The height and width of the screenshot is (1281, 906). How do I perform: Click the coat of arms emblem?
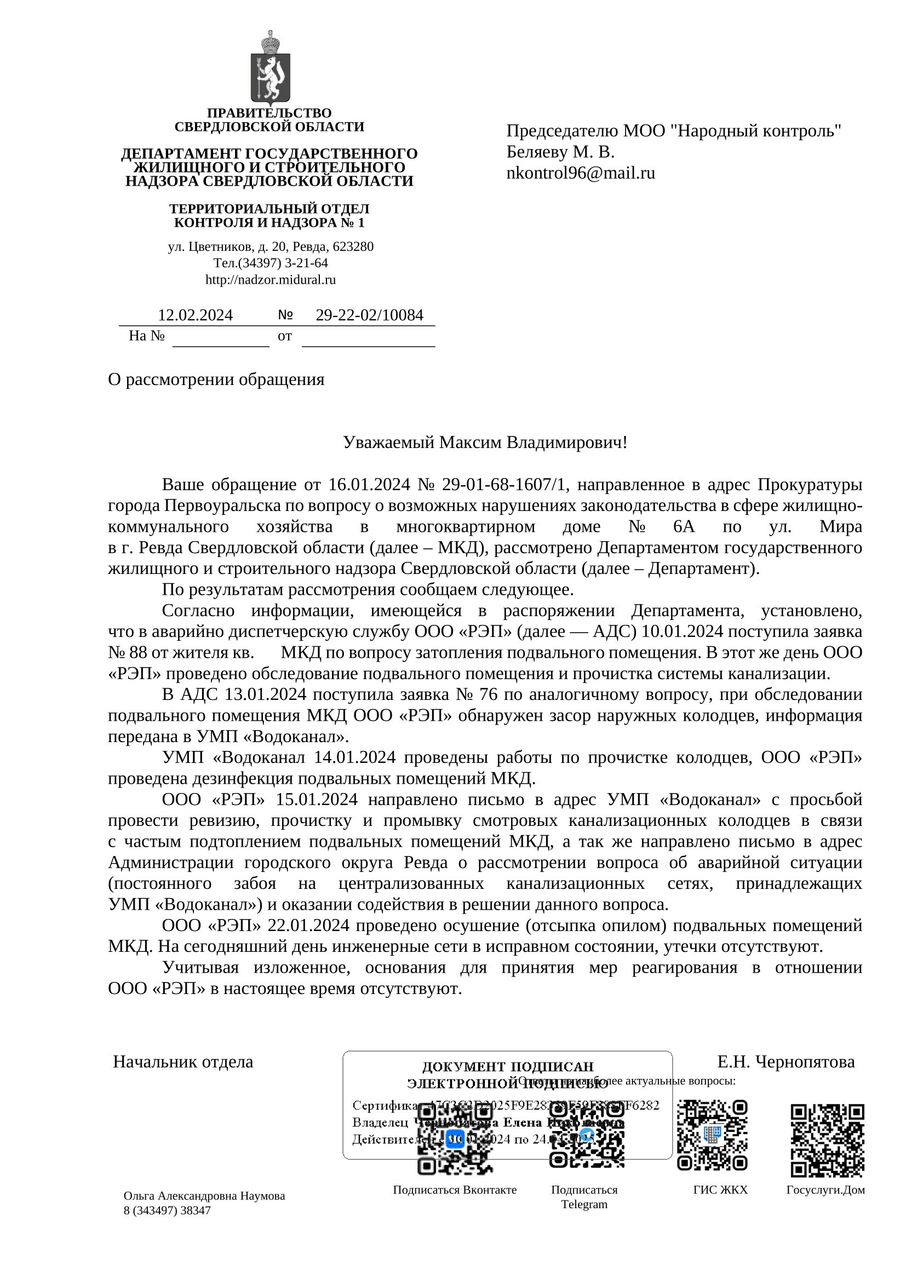click(x=270, y=68)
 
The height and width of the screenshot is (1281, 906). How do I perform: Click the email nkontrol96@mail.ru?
click(x=580, y=173)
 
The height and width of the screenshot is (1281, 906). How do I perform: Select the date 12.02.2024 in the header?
click(x=194, y=315)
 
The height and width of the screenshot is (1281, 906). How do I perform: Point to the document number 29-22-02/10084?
click(x=369, y=315)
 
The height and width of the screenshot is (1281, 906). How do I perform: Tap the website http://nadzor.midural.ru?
click(x=271, y=279)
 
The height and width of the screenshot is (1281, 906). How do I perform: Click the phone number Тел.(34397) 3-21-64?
click(x=271, y=263)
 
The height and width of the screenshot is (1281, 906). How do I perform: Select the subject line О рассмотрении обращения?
click(x=216, y=380)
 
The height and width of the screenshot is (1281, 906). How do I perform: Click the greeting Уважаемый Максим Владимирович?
click(x=485, y=443)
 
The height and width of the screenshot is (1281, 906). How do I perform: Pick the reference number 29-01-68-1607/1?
click(x=504, y=484)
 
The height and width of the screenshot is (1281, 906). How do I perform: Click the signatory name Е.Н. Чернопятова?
click(x=785, y=1062)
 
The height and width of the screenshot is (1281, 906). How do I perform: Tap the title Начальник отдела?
click(x=183, y=1062)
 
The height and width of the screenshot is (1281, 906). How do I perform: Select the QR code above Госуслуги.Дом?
click(x=827, y=1140)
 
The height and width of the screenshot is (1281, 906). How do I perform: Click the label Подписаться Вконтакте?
click(x=455, y=1190)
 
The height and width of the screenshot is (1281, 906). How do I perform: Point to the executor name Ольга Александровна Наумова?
click(x=204, y=1196)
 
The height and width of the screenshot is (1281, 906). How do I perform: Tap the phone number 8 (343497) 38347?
click(x=168, y=1210)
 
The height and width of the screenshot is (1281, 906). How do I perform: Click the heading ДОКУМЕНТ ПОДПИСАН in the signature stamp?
click(x=508, y=1067)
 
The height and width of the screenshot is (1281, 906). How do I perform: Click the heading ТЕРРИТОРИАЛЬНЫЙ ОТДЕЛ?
click(x=269, y=209)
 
